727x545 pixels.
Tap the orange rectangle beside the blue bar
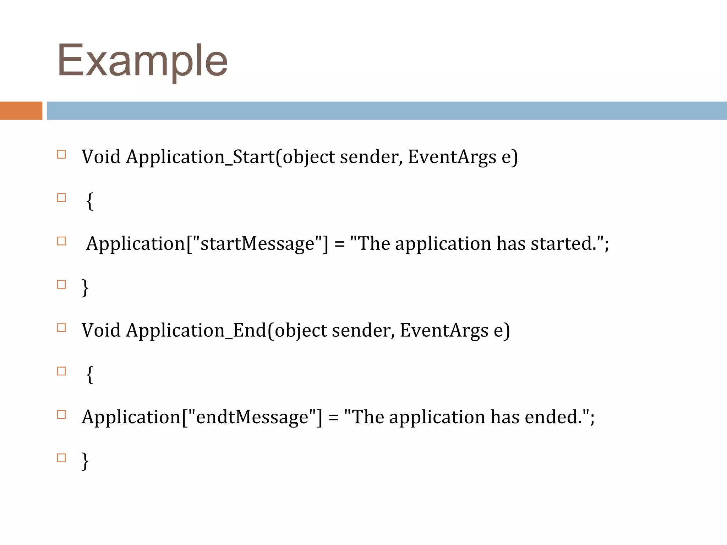pyautogui.click(x=21, y=110)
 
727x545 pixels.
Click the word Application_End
pyautogui.click(x=196, y=330)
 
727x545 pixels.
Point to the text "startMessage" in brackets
pyautogui.click(x=257, y=243)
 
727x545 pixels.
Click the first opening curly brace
pyautogui.click(x=90, y=201)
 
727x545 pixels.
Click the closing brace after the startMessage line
pyautogui.click(x=85, y=287)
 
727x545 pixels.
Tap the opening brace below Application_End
pyautogui.click(x=90, y=374)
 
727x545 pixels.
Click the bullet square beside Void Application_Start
pyautogui.click(x=61, y=154)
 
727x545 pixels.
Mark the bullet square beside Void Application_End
pyautogui.click(x=61, y=327)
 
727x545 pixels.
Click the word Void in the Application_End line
pyautogui.click(x=101, y=330)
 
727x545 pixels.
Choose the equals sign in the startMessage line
pyautogui.click(x=339, y=244)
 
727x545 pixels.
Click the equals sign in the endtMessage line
pyautogui.click(x=333, y=417)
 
